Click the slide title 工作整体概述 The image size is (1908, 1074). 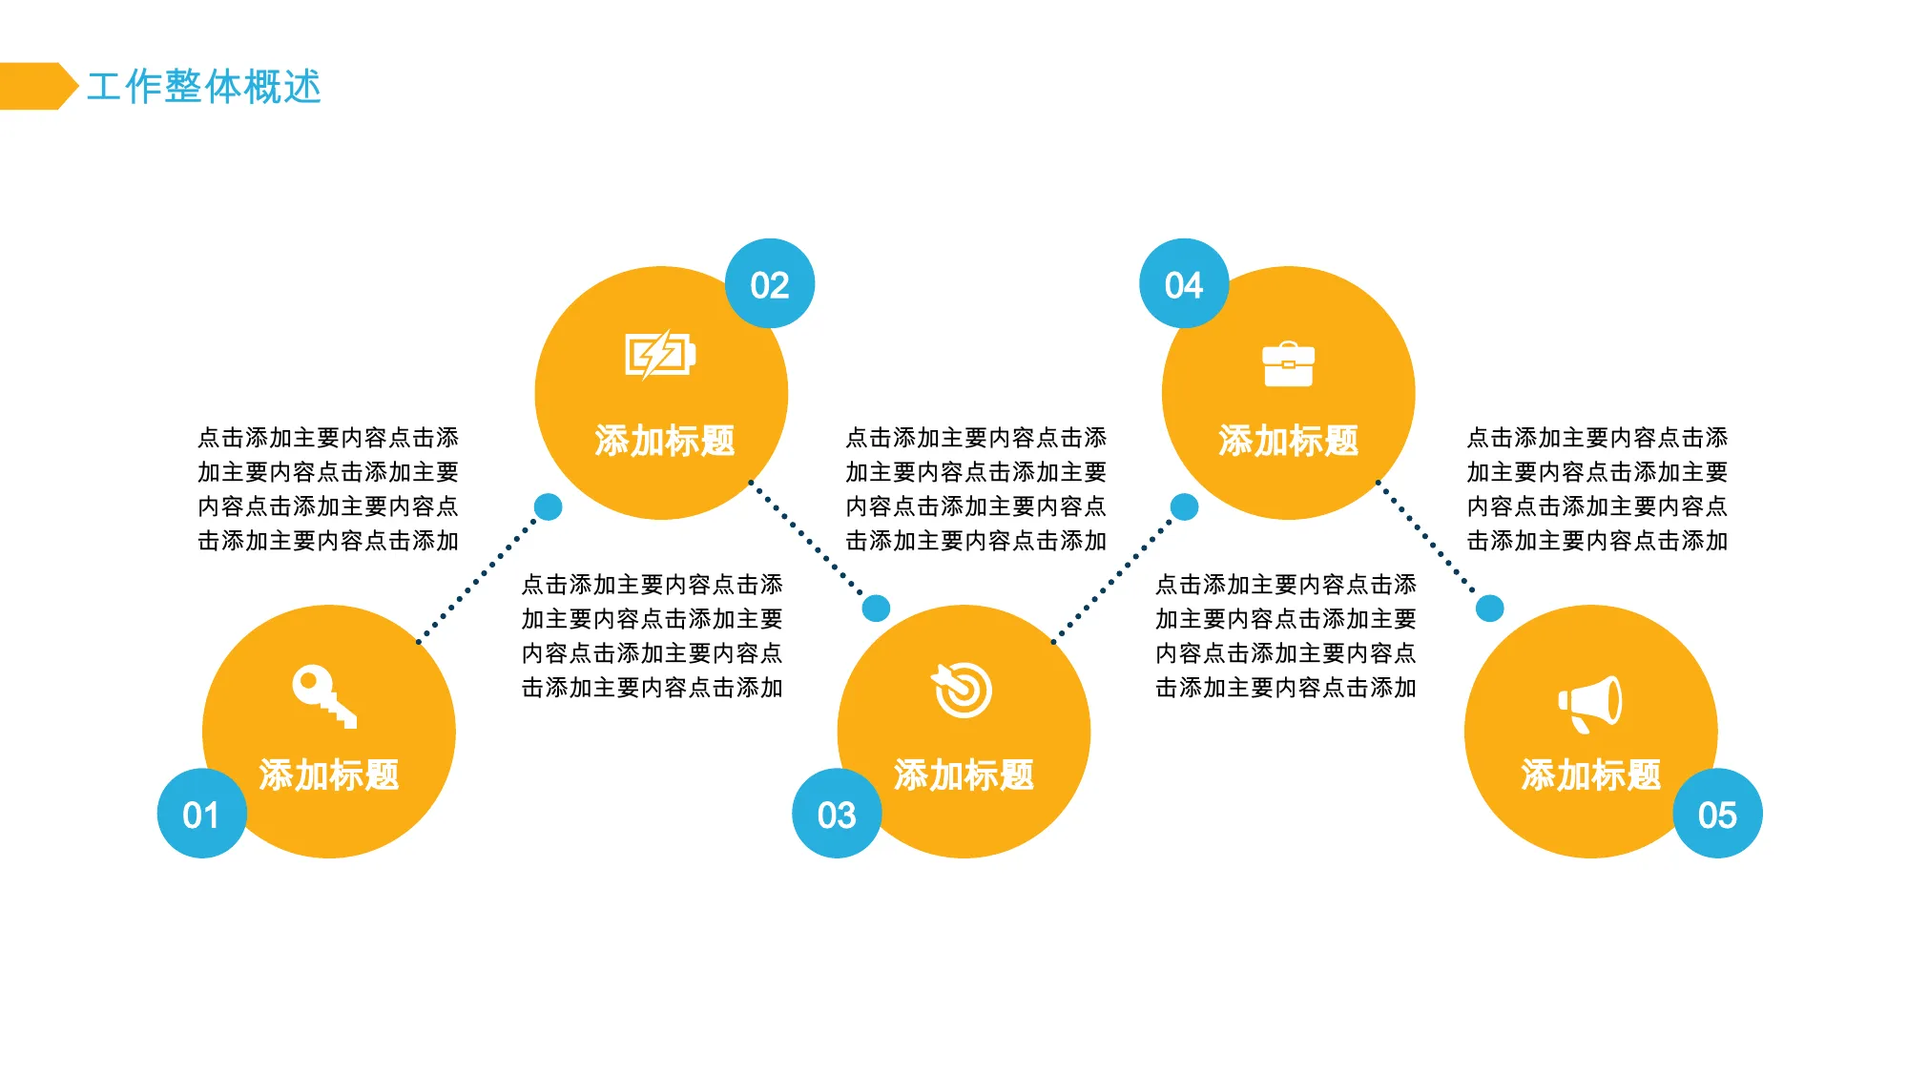(x=204, y=87)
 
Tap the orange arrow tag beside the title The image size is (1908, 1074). (x=38, y=87)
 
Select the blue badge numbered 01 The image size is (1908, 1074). (x=201, y=814)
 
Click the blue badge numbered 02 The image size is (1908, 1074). (x=770, y=284)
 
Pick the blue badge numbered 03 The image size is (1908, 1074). (x=837, y=814)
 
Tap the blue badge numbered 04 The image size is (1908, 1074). (x=1184, y=284)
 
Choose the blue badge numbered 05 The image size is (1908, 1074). (x=1717, y=814)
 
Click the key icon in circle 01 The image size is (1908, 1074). (x=324, y=696)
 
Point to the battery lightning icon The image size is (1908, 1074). (x=660, y=355)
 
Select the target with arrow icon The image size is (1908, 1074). (x=962, y=690)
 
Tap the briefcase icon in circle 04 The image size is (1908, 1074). (x=1288, y=363)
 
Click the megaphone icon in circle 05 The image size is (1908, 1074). (x=1590, y=704)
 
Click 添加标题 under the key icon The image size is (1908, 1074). (x=329, y=775)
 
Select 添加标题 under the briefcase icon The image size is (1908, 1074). (x=1289, y=441)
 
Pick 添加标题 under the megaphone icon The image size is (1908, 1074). (x=1591, y=775)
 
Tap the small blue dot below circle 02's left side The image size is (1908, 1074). (x=549, y=506)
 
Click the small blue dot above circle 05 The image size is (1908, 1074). (x=1490, y=608)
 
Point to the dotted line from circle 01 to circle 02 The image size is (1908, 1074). (x=477, y=580)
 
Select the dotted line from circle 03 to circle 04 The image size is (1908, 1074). (x=1112, y=580)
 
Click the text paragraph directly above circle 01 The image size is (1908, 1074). (x=328, y=489)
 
